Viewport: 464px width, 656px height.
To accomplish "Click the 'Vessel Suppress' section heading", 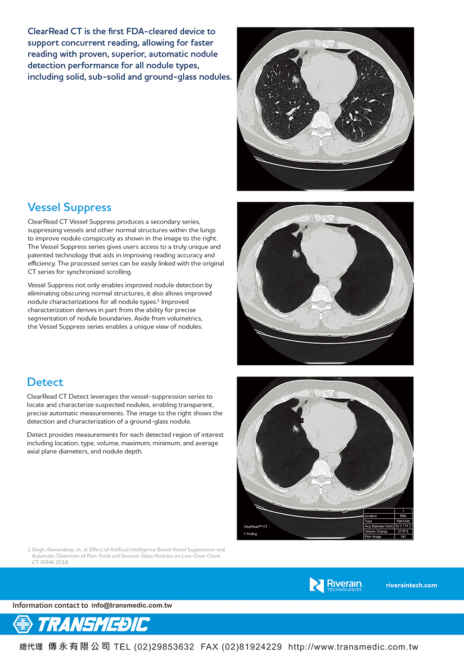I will pos(70,207).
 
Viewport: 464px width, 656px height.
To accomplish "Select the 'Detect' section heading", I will pos(45,382).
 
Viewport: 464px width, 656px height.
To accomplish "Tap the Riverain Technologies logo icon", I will pos(316,585).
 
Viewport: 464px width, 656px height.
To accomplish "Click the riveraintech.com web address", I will pos(411,585).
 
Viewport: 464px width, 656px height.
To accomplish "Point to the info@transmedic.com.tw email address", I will pos(131,605).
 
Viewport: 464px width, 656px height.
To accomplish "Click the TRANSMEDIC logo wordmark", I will pos(93,624).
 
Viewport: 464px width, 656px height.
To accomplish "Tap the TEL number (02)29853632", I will pos(164,647).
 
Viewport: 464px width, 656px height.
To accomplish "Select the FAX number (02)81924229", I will pos(251,647).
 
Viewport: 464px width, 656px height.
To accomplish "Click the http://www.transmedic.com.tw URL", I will pos(353,647).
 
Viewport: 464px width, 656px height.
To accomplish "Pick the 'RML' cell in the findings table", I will pos(403,516).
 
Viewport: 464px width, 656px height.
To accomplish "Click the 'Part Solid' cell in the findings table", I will pos(403,521).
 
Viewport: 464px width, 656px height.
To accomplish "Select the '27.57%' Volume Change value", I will pos(403,531).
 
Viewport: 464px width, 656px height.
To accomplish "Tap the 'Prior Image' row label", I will pos(373,537).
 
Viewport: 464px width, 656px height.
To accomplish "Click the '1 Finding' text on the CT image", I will pos(251,534).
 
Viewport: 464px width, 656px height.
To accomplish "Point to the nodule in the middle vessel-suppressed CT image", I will pos(296,254).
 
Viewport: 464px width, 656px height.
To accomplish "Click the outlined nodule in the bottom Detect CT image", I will pos(296,429).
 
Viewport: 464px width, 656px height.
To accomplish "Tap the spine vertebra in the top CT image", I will pos(321,121).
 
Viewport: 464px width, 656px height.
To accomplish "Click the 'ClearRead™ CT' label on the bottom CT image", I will pos(256,527).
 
